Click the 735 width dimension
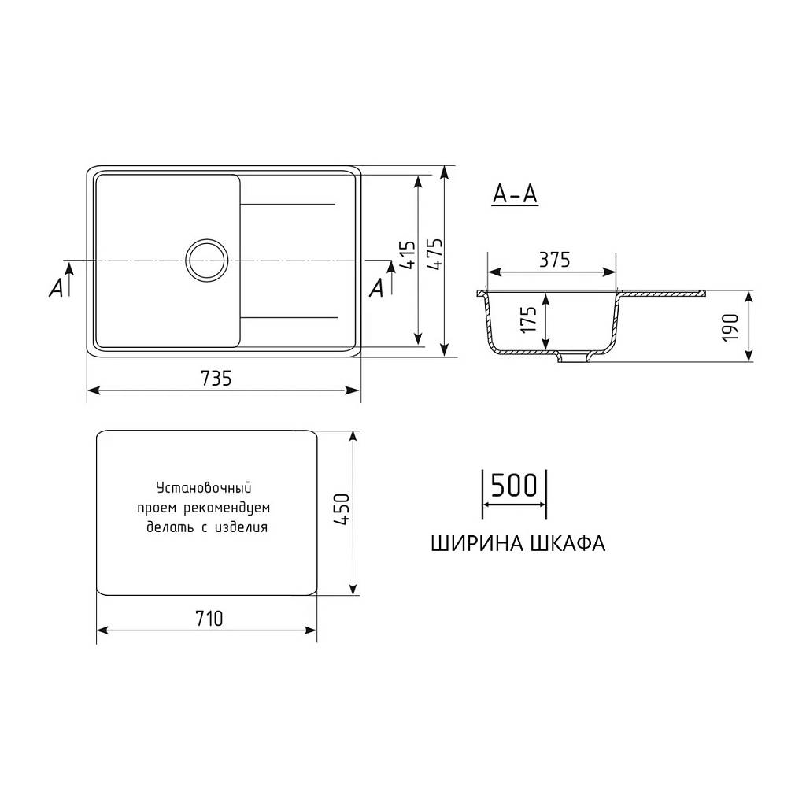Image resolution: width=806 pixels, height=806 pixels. click(x=216, y=379)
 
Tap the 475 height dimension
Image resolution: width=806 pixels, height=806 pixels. click(x=434, y=254)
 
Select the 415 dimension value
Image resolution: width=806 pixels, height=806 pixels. click(x=408, y=255)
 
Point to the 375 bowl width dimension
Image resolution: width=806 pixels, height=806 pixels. click(x=555, y=260)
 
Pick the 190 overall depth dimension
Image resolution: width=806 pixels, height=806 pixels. click(x=730, y=327)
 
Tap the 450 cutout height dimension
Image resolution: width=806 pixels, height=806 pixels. click(x=341, y=509)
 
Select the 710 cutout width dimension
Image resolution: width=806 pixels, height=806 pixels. click(x=209, y=619)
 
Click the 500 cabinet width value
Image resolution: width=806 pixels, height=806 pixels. click(x=513, y=485)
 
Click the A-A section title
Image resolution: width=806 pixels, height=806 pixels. click(x=515, y=194)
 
